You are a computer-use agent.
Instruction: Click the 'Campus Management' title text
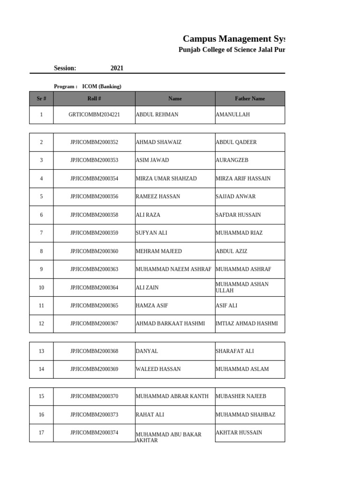[x=233, y=38]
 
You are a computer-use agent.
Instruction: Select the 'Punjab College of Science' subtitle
[x=232, y=50]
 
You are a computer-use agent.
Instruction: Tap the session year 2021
[x=117, y=68]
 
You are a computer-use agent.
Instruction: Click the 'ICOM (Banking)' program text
[x=102, y=86]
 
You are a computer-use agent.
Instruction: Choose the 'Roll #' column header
[x=94, y=98]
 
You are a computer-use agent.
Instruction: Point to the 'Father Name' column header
[x=249, y=98]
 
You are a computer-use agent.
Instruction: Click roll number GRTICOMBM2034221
[x=94, y=114]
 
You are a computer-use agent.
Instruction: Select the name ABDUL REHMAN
[x=157, y=114]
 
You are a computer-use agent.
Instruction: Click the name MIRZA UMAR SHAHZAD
[x=166, y=179]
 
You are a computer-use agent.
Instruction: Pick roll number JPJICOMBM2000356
[x=94, y=197]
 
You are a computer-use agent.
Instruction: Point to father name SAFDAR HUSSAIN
[x=238, y=215]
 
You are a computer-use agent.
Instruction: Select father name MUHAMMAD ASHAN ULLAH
[x=242, y=287]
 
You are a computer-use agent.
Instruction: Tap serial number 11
[x=41, y=306]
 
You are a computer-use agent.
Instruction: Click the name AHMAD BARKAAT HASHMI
[x=170, y=324]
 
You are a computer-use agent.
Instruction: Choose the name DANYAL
[x=147, y=351]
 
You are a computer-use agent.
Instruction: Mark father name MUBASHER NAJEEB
[x=240, y=397]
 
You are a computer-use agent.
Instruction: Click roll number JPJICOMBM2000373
[x=94, y=415]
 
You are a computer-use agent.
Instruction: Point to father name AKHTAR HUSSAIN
[x=239, y=433]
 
